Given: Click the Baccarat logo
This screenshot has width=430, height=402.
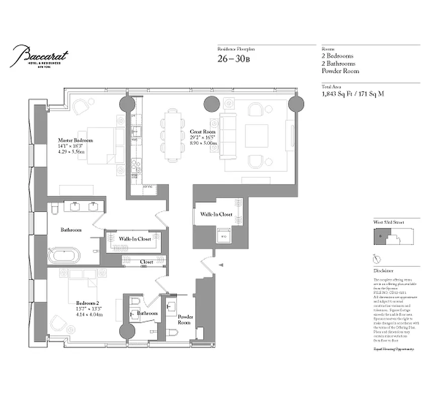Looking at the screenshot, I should (x=40, y=55).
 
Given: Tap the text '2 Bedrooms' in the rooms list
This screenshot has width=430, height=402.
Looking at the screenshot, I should (x=337, y=56).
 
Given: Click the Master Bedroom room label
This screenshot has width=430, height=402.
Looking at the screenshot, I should (x=76, y=141).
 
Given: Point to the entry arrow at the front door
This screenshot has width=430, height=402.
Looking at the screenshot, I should (x=219, y=264).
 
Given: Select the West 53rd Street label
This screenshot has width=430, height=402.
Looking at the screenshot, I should (x=388, y=222).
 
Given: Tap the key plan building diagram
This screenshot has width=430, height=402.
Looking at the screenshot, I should (x=393, y=237).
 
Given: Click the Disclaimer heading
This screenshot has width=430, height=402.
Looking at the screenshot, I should (x=384, y=270).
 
